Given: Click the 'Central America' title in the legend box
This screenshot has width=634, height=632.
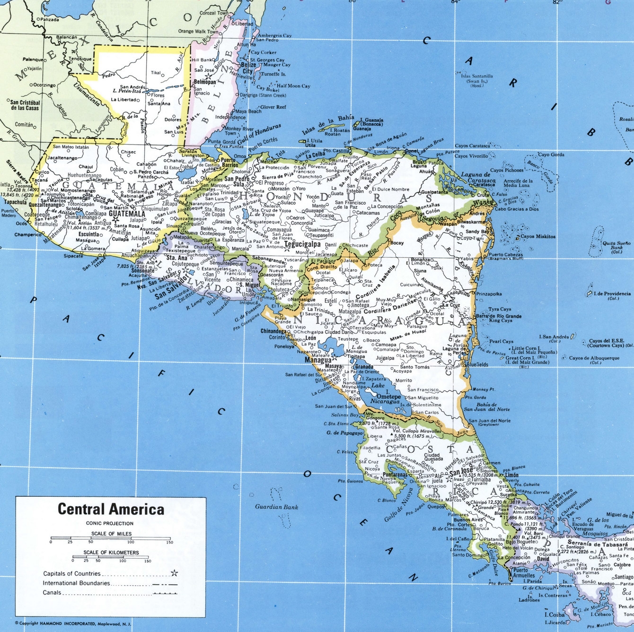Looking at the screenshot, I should [x=111, y=509].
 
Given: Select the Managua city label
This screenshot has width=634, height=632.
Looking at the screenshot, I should [x=317, y=360].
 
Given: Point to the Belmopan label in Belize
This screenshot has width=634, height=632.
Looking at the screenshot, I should [x=205, y=82].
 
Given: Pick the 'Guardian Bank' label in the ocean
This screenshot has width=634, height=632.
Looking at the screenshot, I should [x=277, y=507].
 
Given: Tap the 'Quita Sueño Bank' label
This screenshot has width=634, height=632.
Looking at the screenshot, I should [x=616, y=247].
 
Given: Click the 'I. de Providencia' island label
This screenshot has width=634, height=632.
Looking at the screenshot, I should [x=613, y=294].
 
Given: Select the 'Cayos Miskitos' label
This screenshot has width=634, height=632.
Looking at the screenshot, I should [x=538, y=236].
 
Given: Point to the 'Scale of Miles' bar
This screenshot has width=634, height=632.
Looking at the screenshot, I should [x=110, y=538].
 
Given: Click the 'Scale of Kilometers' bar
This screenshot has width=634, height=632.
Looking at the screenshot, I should [x=111, y=557].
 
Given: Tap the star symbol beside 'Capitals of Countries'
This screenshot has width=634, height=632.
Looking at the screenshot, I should [x=174, y=573].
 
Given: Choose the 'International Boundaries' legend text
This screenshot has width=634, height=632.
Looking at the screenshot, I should [x=76, y=583].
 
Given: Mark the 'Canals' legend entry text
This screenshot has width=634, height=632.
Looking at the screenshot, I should [x=52, y=593].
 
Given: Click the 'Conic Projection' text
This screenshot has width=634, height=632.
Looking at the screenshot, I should [x=110, y=523].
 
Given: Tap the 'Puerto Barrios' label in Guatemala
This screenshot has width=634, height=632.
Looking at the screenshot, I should [x=229, y=163].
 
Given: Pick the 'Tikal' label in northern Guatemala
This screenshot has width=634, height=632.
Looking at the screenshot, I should [x=156, y=73].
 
